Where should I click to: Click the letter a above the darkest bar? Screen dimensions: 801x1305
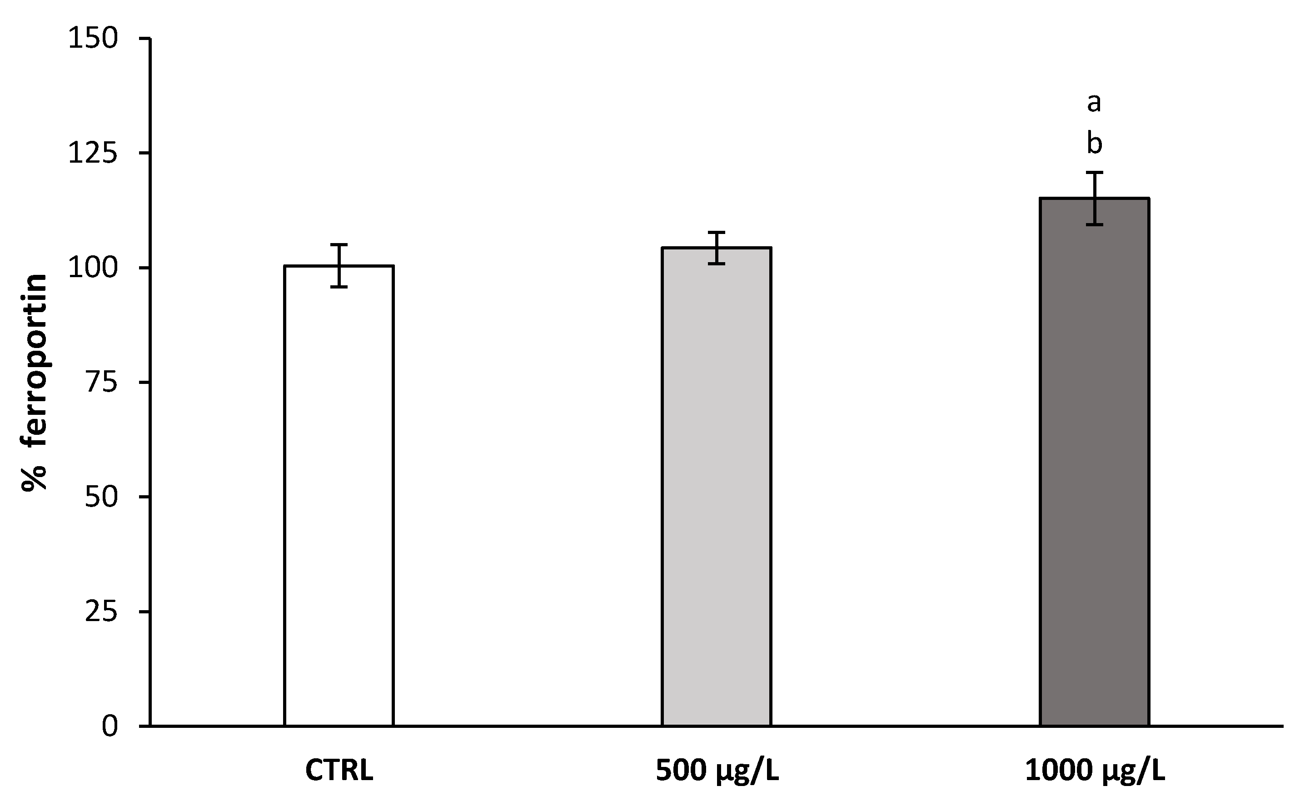click(1094, 103)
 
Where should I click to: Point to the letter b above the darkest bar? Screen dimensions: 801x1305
click(1094, 144)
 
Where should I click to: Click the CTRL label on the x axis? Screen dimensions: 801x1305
click(339, 771)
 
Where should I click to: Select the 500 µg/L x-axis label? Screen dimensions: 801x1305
click(717, 771)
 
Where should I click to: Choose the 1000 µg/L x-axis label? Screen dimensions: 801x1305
click(1095, 771)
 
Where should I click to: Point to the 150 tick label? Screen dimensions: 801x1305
click(93, 39)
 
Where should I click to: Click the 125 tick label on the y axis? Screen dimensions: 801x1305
click(93, 153)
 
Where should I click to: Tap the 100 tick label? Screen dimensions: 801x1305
click(93, 268)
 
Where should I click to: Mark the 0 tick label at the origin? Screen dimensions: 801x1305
click(109, 727)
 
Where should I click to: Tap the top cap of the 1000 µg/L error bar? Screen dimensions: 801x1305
click(1094, 173)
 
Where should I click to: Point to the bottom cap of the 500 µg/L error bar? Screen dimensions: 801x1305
click(717, 264)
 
